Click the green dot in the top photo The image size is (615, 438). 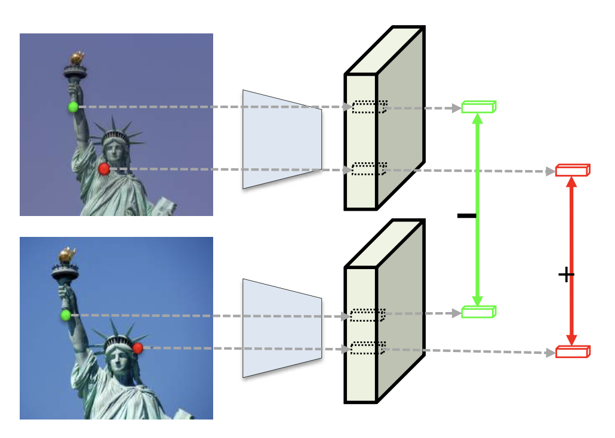tap(73, 107)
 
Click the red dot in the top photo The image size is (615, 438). tap(104, 169)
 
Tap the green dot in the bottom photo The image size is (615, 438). tap(66, 315)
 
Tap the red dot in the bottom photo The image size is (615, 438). tap(137, 348)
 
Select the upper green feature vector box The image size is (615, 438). tap(478, 107)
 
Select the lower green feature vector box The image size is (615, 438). tap(478, 311)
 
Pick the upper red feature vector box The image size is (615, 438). tap(573, 170)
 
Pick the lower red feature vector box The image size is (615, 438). tap(573, 351)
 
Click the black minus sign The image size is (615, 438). tap(466, 215)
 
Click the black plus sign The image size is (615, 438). tap(565, 274)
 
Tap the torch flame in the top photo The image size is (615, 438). tap(76, 58)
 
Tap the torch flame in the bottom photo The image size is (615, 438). tap(67, 255)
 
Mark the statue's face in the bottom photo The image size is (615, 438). tap(116, 358)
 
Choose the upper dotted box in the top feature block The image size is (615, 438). tap(369, 107)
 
